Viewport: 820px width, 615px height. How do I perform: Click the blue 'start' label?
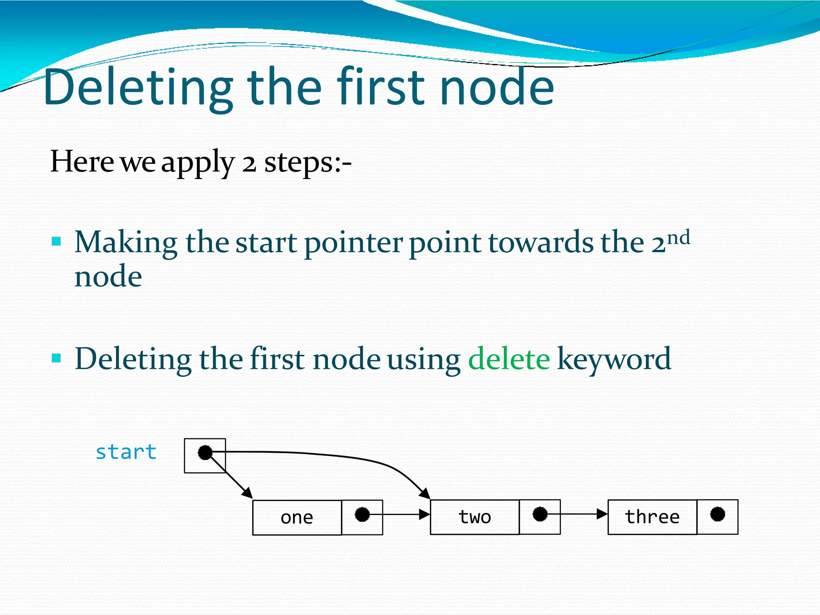126,452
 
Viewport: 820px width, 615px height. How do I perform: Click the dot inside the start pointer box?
205,453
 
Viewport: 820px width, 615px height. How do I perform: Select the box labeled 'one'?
297,517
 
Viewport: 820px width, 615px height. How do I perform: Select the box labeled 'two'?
475,517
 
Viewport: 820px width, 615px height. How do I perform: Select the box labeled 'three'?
652,517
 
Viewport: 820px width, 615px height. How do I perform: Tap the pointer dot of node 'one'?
362,515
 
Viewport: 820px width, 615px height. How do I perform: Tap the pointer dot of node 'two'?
540,514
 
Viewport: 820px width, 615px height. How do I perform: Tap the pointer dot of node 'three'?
717,514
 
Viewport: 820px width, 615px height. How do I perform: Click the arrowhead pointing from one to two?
424,515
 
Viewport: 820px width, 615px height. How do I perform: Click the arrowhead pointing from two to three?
602,514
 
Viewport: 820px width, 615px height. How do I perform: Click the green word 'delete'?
509,359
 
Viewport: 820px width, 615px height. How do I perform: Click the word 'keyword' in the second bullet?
614,359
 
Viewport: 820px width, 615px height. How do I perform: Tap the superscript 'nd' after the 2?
678,238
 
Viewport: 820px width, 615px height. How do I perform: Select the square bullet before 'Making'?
56,241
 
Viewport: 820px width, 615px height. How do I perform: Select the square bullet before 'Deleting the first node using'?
56,358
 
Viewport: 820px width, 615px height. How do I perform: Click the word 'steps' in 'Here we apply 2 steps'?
298,162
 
